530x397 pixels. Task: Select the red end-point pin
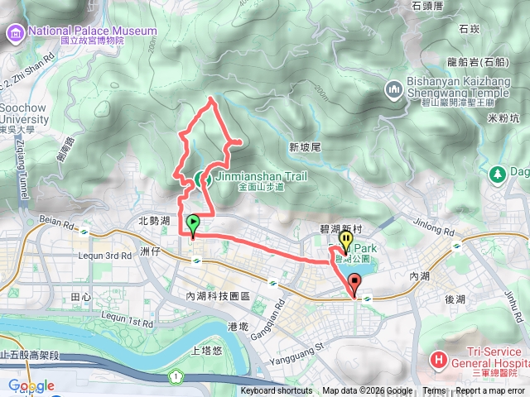pos(355,285)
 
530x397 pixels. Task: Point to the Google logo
pos(31,386)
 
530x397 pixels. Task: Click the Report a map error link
pos(491,391)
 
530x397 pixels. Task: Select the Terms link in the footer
pos(434,391)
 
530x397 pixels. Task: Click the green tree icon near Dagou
pos(498,174)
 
